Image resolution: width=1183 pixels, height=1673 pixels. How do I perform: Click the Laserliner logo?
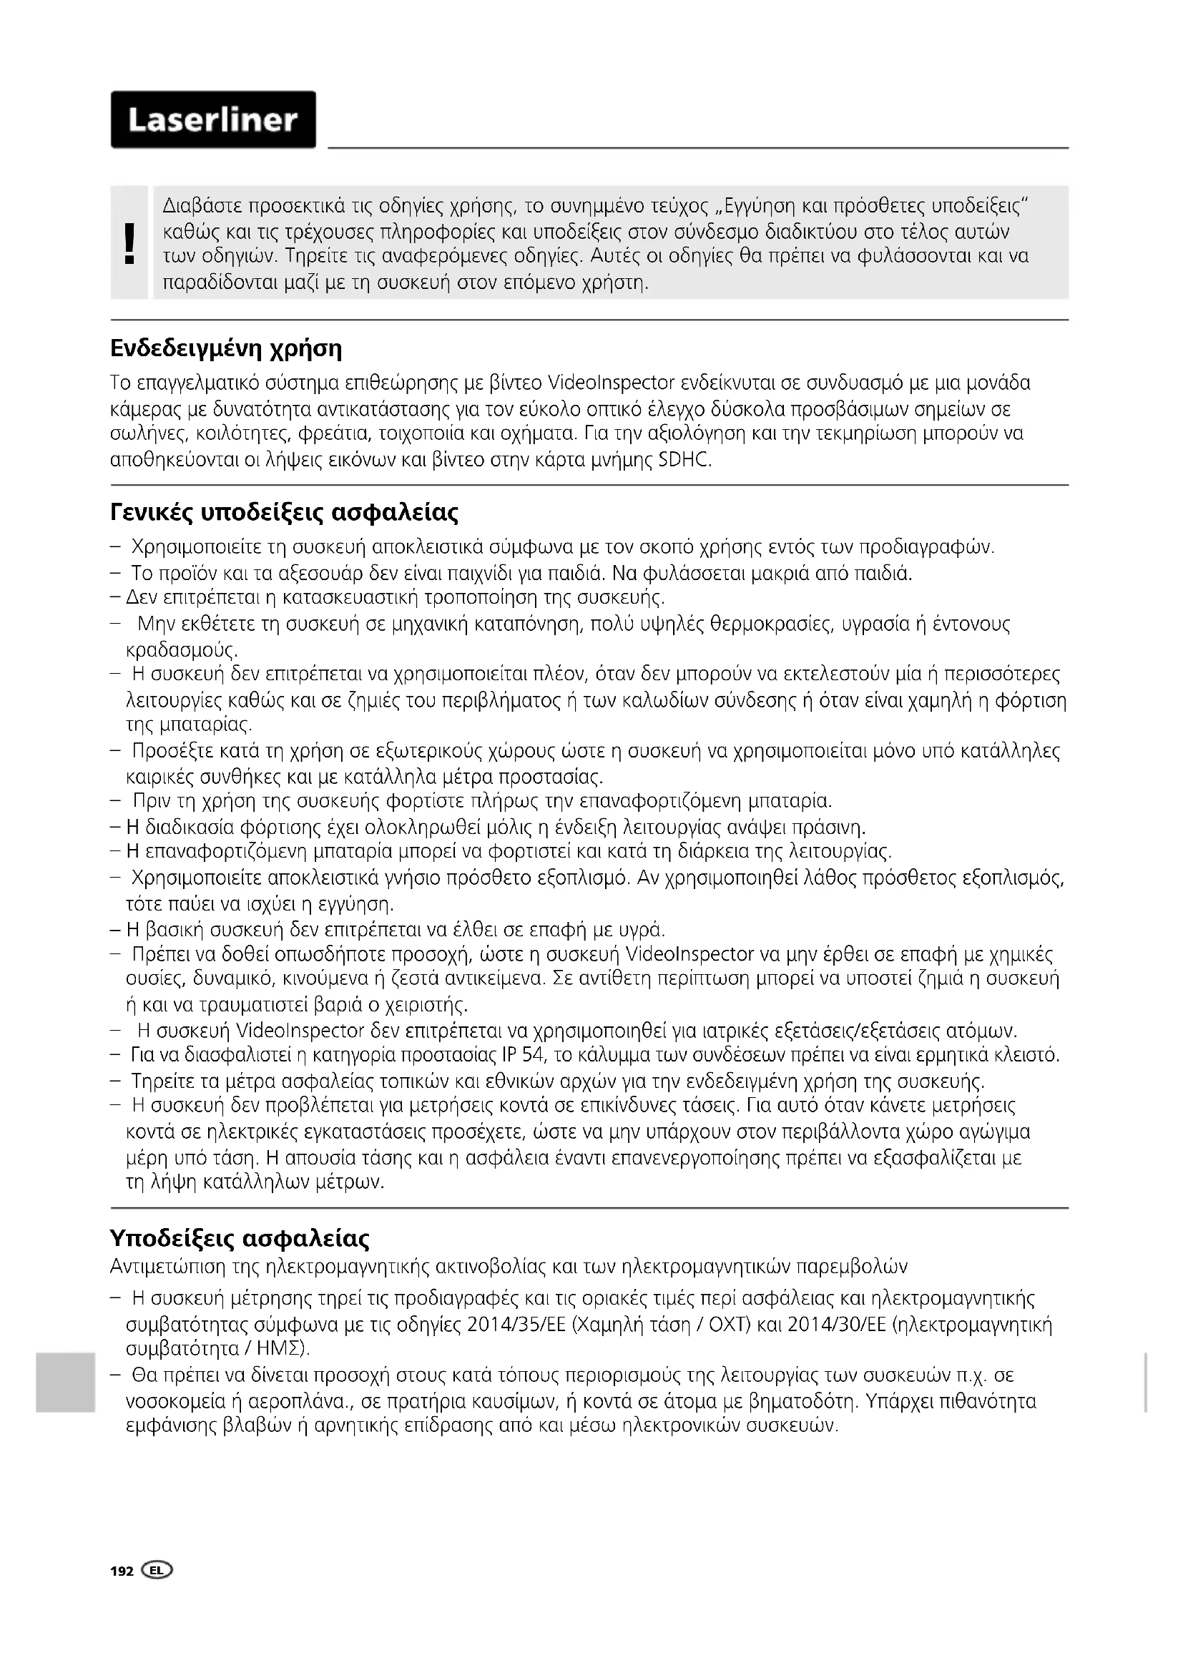point(212,120)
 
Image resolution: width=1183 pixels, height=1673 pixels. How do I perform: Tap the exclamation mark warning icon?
point(129,243)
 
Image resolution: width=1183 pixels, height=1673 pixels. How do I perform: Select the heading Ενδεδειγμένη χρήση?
point(226,349)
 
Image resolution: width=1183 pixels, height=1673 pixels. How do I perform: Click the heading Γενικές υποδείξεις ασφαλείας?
point(284,513)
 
